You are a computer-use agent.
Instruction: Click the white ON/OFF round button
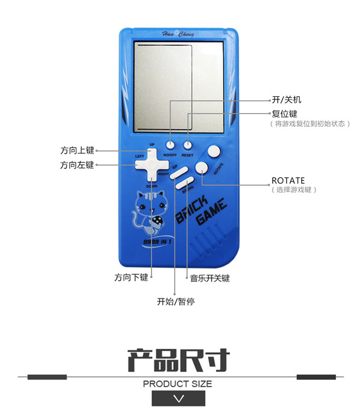point(170,144)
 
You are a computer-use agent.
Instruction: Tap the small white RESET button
point(187,144)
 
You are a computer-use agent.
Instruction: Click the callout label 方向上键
point(77,150)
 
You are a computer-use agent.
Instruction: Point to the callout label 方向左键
point(77,165)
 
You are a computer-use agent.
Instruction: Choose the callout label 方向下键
point(131,277)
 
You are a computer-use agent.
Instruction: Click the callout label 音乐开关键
point(210,278)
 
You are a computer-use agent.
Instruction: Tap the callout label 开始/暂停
point(176,301)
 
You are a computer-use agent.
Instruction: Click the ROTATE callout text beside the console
point(288,180)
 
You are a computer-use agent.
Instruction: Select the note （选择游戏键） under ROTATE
point(294,190)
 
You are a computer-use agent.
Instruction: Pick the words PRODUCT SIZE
point(177,383)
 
